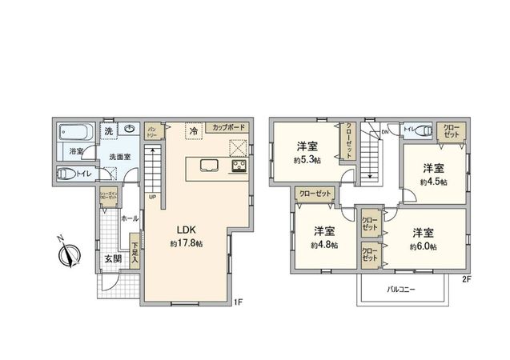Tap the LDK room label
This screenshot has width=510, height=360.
coord(183,226)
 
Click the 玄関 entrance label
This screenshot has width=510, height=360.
coord(113,258)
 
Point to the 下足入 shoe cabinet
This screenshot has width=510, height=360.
coord(135,253)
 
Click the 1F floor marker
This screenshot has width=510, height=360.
coord(237,303)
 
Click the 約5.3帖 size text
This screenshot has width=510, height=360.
coord(307,160)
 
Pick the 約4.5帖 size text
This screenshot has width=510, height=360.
coord(433,182)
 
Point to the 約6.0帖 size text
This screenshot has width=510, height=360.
coord(423,246)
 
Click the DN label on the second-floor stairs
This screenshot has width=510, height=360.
coord(384,132)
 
